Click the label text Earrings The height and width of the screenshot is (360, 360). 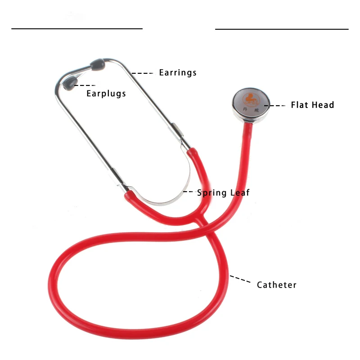click(178, 72)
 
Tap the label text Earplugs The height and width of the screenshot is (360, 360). click(106, 94)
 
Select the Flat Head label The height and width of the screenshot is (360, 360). click(312, 105)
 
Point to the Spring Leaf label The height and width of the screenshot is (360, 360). click(223, 193)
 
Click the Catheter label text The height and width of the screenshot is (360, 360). click(277, 285)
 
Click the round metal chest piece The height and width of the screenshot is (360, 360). click(249, 105)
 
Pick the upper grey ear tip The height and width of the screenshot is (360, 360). click(98, 64)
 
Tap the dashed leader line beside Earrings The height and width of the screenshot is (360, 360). click(143, 72)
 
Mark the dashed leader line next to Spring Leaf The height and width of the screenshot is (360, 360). click(188, 192)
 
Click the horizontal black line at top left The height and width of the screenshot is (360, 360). click(77, 29)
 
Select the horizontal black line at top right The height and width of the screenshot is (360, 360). click(282, 29)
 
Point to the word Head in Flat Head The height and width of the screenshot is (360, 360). click(324, 105)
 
